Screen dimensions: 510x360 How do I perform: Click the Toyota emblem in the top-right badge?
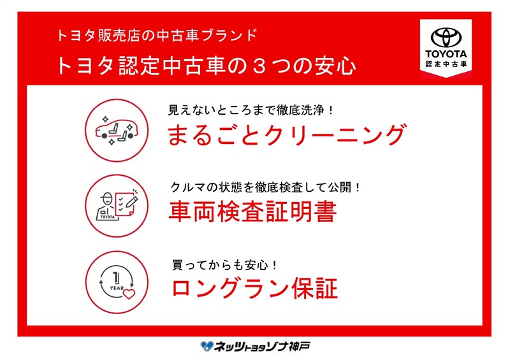tap(446, 37)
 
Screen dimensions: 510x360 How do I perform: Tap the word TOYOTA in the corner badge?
tap(446, 54)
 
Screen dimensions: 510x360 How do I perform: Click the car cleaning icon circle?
tap(117, 130)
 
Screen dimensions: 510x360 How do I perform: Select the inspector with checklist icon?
tap(117, 206)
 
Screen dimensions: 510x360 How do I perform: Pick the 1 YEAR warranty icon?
tap(117, 282)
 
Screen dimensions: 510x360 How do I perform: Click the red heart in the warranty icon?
tap(129, 294)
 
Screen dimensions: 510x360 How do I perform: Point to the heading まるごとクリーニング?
tap(286, 134)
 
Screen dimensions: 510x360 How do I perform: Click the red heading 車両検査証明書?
tap(252, 212)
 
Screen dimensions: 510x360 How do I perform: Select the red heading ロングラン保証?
tap(254, 288)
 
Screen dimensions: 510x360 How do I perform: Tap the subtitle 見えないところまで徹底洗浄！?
tap(251, 110)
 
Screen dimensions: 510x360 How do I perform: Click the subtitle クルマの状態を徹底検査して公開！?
tap(266, 187)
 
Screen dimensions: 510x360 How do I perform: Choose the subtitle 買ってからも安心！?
tap(225, 265)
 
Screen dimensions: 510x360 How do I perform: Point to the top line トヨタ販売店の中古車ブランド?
tap(157, 35)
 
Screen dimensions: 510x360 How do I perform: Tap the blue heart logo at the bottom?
tap(207, 346)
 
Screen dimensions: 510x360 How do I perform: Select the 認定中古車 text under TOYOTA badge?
tap(446, 64)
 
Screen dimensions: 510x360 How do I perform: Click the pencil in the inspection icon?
tap(132, 200)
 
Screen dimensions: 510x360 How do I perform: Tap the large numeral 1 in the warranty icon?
tap(116, 278)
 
